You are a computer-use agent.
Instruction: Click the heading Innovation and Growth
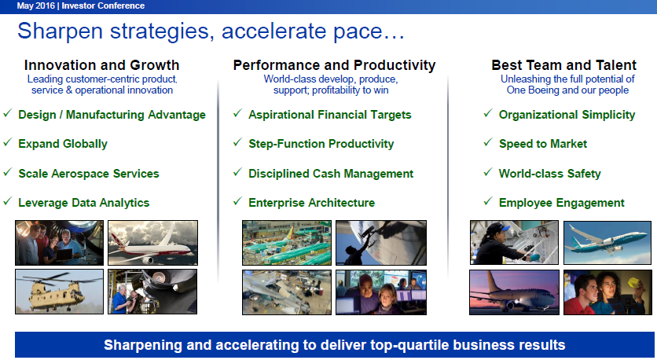pos(102,65)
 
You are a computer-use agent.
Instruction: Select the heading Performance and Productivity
pos(334,65)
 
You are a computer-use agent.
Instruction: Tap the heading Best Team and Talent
pos(563,65)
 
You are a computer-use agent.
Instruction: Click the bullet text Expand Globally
pos(63,144)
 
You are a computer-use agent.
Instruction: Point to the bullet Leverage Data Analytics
pos(84,203)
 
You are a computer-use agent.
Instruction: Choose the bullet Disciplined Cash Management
pos(331,174)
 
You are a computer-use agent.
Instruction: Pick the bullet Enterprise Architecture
pos(312,203)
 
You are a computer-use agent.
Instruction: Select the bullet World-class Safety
pos(550,174)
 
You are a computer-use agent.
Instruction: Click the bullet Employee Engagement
pos(561,203)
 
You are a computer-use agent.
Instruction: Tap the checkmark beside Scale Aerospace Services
pos(8,172)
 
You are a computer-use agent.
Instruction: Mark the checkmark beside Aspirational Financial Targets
pos(237,113)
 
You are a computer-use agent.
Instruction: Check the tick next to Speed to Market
pos(488,142)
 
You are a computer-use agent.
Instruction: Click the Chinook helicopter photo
pos(59,292)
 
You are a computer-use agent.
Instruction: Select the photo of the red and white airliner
pos(153,243)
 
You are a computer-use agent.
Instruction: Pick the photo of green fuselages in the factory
pos(287,243)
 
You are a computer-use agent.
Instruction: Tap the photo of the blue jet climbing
pos(607,243)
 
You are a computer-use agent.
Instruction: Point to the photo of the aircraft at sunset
pos(514,292)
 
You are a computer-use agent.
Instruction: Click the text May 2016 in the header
pos(35,6)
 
